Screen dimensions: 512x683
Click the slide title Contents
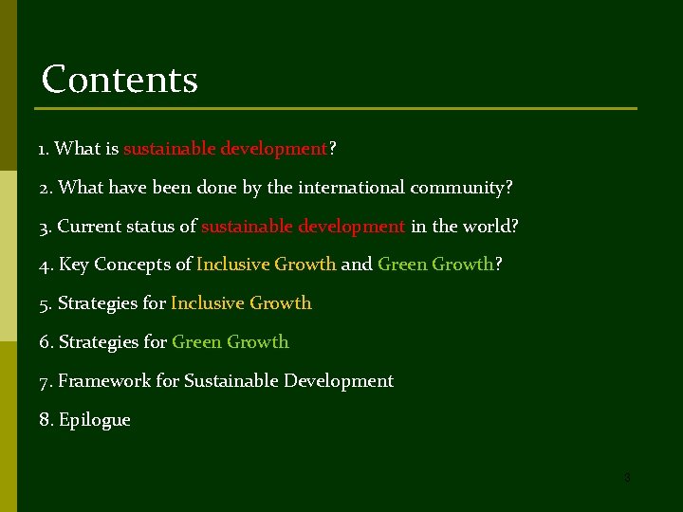coord(120,80)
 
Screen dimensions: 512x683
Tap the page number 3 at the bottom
coord(627,478)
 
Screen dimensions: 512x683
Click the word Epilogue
coord(95,420)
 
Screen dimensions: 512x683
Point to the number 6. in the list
coord(46,342)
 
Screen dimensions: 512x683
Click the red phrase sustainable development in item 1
coord(226,149)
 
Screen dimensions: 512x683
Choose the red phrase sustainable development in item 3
coord(304,227)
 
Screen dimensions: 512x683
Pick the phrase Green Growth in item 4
coord(435,265)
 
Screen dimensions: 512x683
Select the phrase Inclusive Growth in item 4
coord(267,265)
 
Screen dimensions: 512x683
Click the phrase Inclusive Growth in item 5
coord(241,303)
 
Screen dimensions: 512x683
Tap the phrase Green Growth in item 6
coord(231,342)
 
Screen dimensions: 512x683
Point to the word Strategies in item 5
coord(98,303)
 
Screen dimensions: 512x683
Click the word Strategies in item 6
coord(98,342)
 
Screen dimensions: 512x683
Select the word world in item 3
coord(488,227)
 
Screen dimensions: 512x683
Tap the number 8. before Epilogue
coord(46,420)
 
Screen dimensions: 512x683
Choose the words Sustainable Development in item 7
coord(288,381)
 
